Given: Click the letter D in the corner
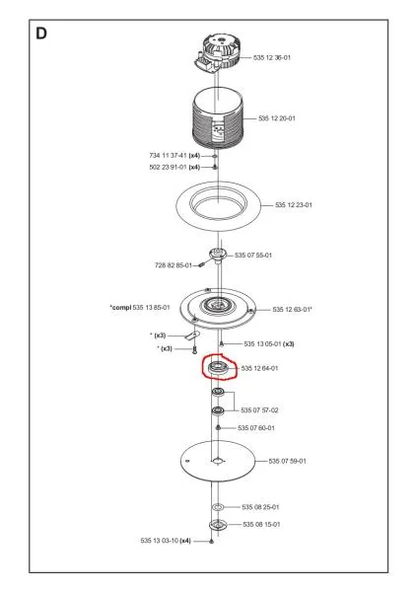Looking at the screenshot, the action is click(41, 34).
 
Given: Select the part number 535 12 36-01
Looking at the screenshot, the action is click(272, 58).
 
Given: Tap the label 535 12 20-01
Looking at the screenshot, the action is click(276, 118).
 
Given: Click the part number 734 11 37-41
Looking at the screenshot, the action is click(168, 156).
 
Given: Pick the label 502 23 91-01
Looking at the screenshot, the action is click(168, 168).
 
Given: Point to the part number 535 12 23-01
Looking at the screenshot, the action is click(294, 205).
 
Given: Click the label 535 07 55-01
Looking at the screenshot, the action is click(253, 256).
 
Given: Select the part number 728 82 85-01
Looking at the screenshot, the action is click(174, 265).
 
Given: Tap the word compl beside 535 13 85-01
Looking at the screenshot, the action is click(121, 308).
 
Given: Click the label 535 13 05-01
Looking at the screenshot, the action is click(262, 344).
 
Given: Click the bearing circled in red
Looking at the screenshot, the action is click(217, 367).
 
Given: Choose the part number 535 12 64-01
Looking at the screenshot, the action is click(259, 368).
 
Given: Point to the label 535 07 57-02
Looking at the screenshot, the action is click(259, 410).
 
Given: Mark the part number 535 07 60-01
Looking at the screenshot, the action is click(256, 428).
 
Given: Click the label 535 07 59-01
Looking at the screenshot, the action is click(288, 461).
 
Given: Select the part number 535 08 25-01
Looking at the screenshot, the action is click(260, 507).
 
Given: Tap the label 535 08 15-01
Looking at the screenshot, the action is click(261, 525).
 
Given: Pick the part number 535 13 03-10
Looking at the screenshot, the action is click(159, 541).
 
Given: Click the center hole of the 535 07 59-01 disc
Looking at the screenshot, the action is click(217, 461).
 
